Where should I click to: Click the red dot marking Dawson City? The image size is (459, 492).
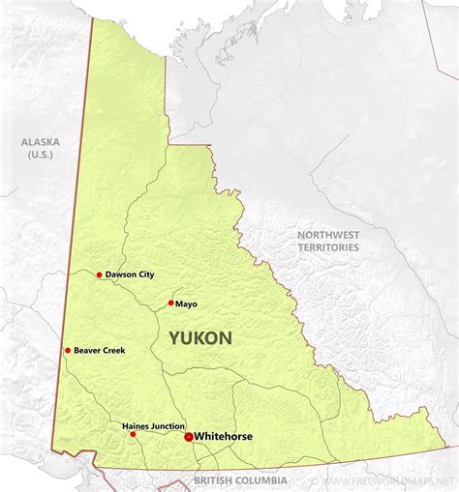click(x=99, y=275)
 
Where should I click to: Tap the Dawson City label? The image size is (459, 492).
click(x=130, y=275)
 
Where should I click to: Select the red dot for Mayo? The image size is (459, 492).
click(x=171, y=303)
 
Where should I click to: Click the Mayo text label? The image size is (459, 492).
click(x=187, y=304)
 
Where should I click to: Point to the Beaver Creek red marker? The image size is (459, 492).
click(x=68, y=350)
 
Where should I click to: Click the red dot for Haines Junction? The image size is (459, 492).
click(x=134, y=434)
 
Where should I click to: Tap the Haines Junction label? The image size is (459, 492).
click(x=153, y=425)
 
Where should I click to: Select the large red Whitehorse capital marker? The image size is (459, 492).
click(x=188, y=437)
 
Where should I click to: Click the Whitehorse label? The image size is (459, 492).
click(x=224, y=437)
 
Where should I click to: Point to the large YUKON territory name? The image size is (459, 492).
click(x=200, y=338)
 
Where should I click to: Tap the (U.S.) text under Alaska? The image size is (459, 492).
click(x=41, y=155)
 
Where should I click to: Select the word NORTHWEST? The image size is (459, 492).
click(x=328, y=235)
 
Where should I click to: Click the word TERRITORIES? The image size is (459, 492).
click(x=328, y=248)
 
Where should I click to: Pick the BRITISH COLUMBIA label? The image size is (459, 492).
click(x=240, y=480)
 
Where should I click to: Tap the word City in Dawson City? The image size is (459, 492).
click(x=144, y=275)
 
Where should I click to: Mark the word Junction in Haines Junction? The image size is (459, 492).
click(x=168, y=425)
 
